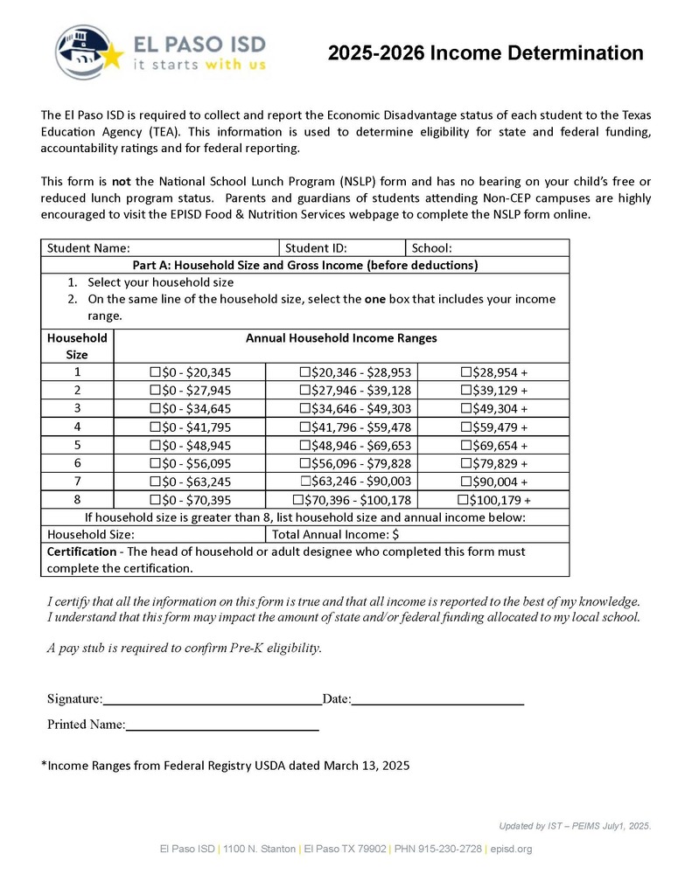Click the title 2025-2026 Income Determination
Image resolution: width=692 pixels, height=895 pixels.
[x=485, y=52]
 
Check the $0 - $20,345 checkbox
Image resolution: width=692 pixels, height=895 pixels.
[x=156, y=372]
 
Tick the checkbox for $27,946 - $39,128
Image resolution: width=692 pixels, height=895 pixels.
[x=304, y=391]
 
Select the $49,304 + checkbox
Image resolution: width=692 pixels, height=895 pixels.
[x=465, y=409]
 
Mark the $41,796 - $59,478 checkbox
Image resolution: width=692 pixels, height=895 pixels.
[x=304, y=427]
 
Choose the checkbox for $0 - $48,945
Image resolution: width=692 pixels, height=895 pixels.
[x=156, y=446]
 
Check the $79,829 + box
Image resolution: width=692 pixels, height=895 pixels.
[x=465, y=464]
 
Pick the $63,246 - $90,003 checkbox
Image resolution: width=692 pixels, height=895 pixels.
[x=305, y=482]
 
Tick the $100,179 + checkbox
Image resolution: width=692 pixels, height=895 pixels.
[x=463, y=500]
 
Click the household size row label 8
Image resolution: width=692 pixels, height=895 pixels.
[x=77, y=500]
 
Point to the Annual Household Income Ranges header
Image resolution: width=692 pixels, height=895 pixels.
[x=341, y=338]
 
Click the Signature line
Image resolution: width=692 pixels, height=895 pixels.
[x=212, y=698]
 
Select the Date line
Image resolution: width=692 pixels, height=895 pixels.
[x=437, y=698]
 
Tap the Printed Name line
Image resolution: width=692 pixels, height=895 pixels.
[x=222, y=725]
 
